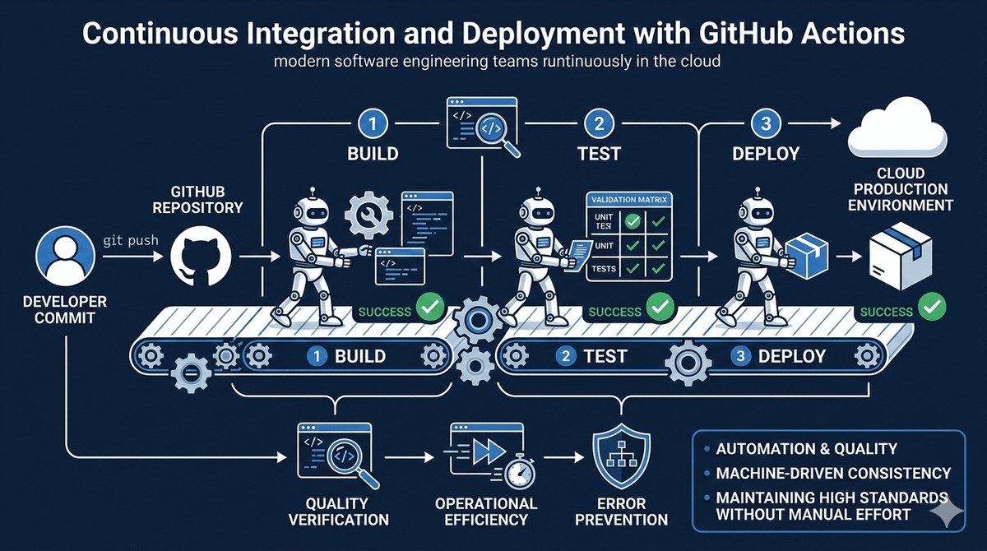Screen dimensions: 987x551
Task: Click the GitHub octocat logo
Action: click(x=201, y=257)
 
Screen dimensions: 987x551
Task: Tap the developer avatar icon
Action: click(x=65, y=257)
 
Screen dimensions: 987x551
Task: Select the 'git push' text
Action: click(x=131, y=241)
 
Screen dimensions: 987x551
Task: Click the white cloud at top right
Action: click(x=897, y=127)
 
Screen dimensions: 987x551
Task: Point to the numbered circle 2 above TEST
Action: click(x=599, y=123)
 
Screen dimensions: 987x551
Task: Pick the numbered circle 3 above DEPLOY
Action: click(x=766, y=123)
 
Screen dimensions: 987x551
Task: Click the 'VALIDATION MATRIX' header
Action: click(x=629, y=200)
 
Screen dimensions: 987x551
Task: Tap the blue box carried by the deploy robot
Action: click(x=807, y=256)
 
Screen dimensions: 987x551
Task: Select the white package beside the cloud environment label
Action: click(x=900, y=256)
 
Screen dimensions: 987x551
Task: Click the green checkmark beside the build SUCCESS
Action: click(x=430, y=307)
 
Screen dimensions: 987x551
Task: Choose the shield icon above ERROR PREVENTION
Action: click(x=621, y=456)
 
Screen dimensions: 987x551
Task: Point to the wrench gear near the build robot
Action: click(x=368, y=215)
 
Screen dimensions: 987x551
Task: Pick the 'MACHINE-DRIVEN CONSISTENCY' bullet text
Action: click(x=833, y=474)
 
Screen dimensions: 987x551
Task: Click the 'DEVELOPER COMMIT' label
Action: click(x=65, y=310)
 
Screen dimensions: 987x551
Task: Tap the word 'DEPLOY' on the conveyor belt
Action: click(x=792, y=356)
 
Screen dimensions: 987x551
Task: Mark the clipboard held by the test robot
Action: click(x=578, y=256)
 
